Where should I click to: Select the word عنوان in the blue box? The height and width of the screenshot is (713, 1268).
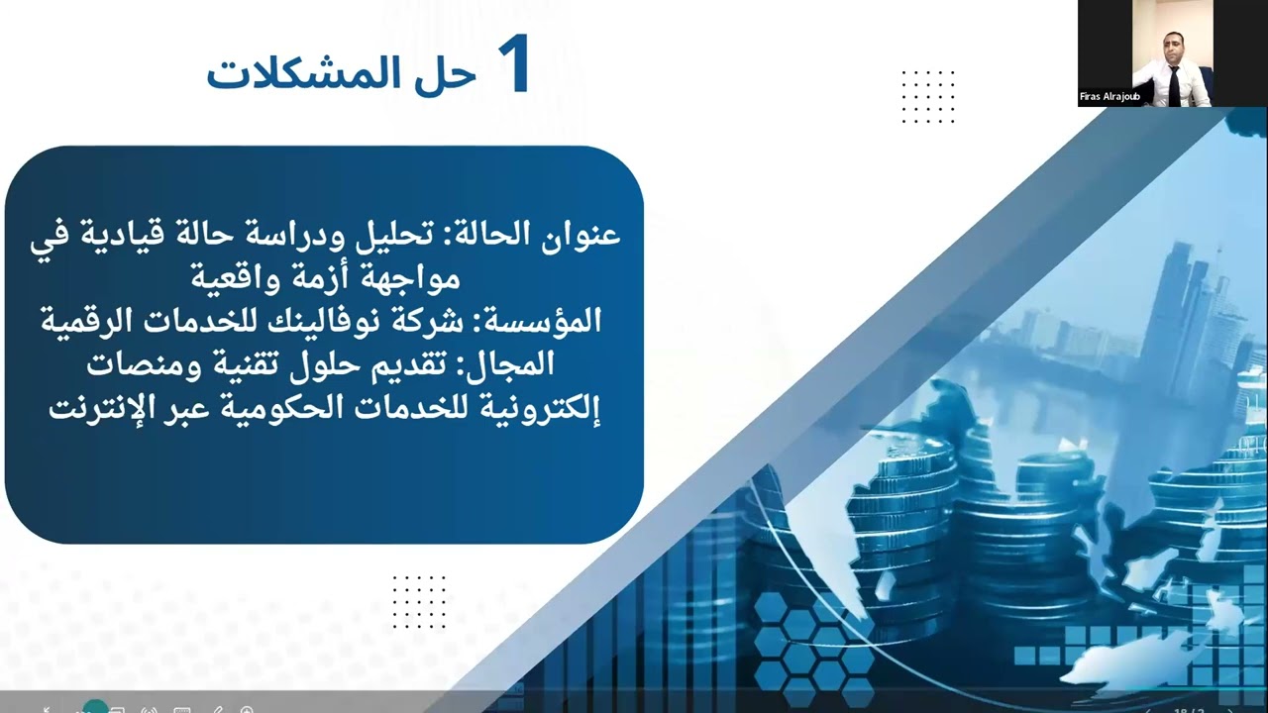(581, 235)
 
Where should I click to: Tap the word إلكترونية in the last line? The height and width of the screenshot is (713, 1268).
(545, 405)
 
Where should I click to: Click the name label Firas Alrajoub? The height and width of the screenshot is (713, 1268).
(1109, 97)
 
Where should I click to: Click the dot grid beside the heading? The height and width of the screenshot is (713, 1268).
(928, 97)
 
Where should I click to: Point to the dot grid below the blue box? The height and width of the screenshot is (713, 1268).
(419, 602)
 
